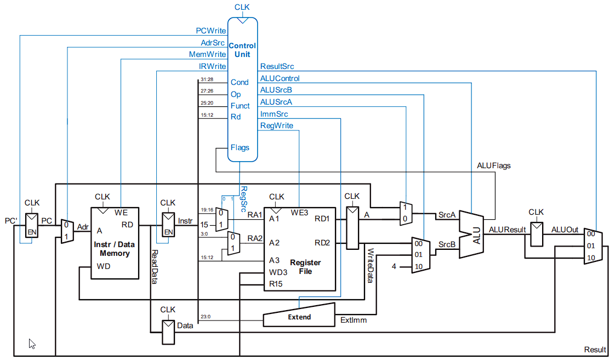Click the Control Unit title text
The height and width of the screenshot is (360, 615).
(x=242, y=50)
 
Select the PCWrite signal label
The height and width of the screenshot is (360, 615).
(x=210, y=31)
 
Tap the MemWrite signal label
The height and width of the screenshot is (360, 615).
(x=207, y=54)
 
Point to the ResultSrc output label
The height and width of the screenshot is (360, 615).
(x=277, y=66)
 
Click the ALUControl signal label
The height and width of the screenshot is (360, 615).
(x=280, y=78)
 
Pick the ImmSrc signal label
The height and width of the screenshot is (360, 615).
(x=274, y=114)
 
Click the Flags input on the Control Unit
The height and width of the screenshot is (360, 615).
(x=240, y=147)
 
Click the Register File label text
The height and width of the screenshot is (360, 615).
(x=305, y=267)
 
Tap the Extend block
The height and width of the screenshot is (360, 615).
(x=299, y=317)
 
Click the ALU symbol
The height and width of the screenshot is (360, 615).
(x=476, y=235)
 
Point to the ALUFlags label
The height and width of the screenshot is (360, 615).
(x=494, y=165)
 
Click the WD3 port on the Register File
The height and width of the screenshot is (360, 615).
(x=278, y=272)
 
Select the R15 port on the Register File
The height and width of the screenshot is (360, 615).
(x=276, y=284)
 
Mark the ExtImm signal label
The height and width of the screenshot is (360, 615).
(x=354, y=319)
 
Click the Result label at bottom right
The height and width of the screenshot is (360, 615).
(x=595, y=350)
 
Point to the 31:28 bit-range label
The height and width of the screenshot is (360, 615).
(x=207, y=79)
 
